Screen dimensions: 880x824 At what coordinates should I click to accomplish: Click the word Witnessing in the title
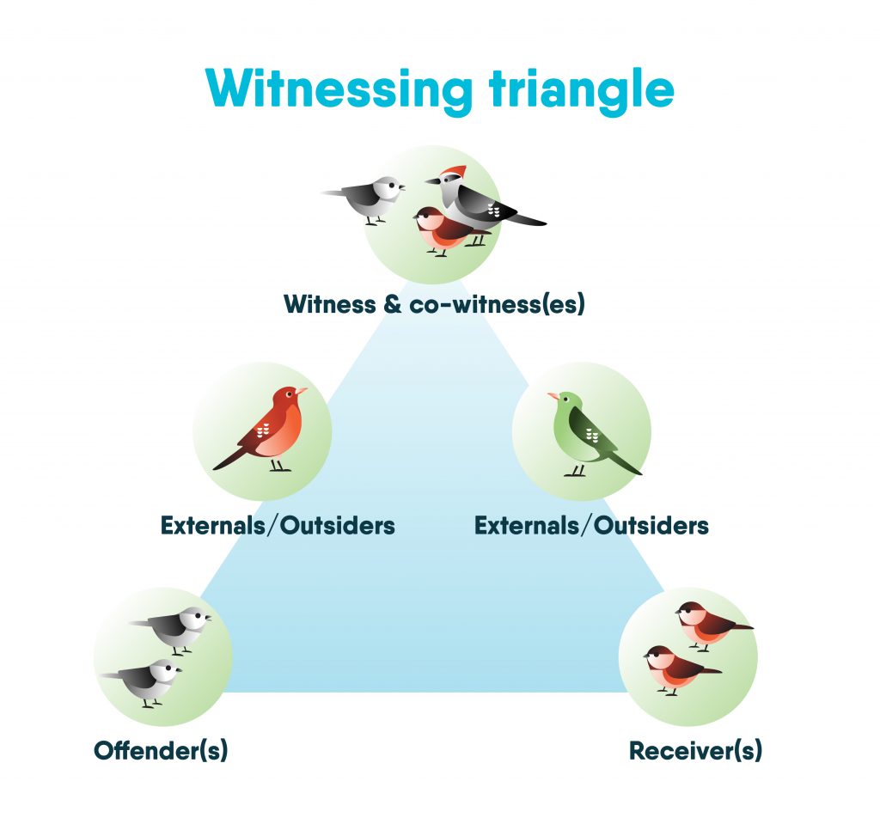click(x=339, y=89)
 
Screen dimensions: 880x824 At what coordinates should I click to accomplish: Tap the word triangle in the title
click(x=582, y=89)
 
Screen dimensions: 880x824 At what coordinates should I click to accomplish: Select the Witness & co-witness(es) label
click(x=434, y=304)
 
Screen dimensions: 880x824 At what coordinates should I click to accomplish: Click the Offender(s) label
click(x=161, y=750)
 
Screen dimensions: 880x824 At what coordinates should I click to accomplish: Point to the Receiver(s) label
click(x=695, y=750)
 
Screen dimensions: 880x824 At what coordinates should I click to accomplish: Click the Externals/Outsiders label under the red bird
click(x=278, y=525)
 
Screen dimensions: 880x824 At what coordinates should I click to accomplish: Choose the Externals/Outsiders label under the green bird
click(x=591, y=525)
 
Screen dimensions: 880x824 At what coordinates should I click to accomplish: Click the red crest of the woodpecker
click(x=455, y=172)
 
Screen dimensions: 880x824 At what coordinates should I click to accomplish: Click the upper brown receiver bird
click(x=711, y=626)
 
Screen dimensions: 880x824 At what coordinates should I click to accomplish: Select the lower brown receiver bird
click(x=679, y=669)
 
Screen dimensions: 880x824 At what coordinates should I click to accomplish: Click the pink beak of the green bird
click(x=553, y=396)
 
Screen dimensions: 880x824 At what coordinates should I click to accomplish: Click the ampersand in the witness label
click(x=393, y=305)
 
